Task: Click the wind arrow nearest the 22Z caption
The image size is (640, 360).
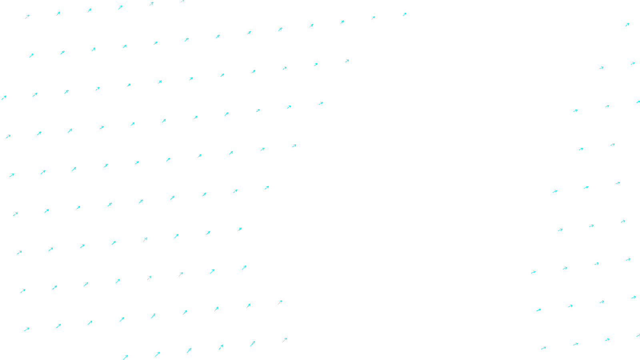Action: tap(285, 340)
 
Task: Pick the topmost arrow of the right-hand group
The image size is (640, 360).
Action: tap(627, 24)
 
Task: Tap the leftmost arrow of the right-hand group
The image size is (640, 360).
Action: tap(533, 272)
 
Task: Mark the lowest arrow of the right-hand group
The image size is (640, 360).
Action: tap(544, 348)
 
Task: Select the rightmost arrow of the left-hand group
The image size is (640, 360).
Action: tap(404, 14)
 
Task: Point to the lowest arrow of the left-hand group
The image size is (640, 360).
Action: tap(126, 357)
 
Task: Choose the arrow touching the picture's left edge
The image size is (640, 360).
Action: tap(4, 97)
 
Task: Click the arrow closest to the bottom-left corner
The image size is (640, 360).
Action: tap(26, 329)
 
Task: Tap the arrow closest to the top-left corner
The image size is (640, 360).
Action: tap(27, 16)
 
